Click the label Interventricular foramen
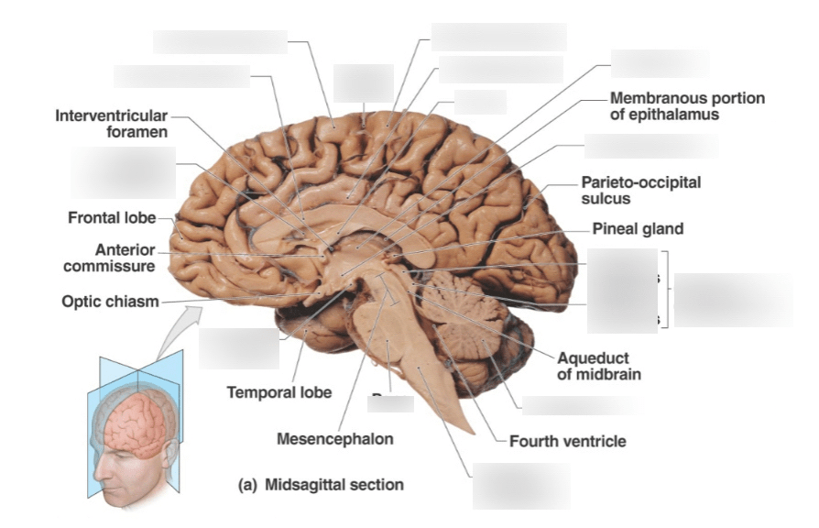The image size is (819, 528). [x=111, y=124]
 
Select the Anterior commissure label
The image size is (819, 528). [x=125, y=258]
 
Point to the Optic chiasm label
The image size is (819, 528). [x=110, y=300]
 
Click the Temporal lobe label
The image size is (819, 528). [x=279, y=393]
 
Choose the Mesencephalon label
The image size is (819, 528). [x=335, y=439]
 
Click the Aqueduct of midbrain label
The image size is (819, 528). [x=593, y=366]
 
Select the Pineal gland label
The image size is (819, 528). [x=638, y=228]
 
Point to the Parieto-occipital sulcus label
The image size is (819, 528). [x=640, y=190]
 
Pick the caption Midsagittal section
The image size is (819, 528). [x=333, y=484]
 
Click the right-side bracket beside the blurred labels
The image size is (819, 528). [x=669, y=289]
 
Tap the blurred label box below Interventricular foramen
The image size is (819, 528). [x=124, y=172]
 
